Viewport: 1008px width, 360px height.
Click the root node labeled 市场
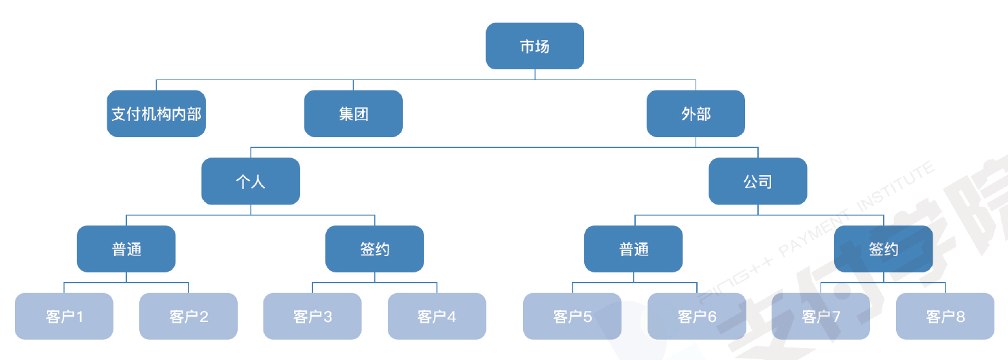535,46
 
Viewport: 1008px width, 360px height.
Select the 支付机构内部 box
156,113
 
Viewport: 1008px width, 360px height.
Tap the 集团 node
353,113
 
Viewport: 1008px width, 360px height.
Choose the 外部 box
696,113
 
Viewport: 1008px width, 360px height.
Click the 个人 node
251,181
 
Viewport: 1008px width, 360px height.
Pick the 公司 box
758,181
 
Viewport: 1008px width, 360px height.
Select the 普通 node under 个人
126,249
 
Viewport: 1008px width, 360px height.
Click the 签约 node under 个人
374,249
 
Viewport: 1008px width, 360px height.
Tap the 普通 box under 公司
633,249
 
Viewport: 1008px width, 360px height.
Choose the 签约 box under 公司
883,249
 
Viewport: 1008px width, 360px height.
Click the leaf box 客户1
64,316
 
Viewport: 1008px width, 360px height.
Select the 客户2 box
189,316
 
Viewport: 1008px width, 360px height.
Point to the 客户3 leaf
312,316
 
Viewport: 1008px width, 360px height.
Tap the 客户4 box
437,316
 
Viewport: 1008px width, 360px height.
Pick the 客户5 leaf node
572,316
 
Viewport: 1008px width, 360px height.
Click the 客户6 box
697,316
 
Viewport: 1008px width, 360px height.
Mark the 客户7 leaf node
821,316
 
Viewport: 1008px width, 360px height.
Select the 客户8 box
945,316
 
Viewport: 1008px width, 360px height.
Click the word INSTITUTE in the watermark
895,186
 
